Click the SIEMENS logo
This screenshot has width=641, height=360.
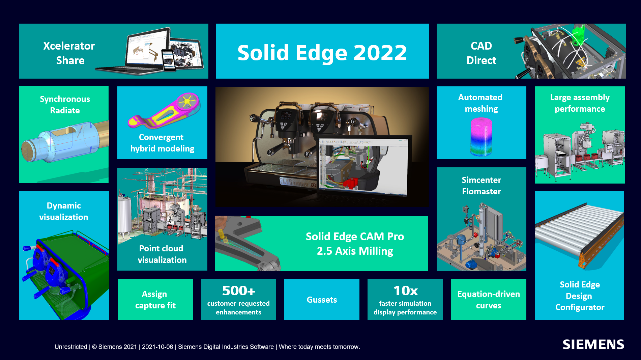(x=593, y=344)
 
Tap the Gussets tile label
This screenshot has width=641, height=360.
(x=322, y=300)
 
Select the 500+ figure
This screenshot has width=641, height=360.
(x=238, y=290)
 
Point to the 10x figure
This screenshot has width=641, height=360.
(x=405, y=290)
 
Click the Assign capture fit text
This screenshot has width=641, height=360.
(x=155, y=300)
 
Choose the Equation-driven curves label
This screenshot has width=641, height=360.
(x=489, y=300)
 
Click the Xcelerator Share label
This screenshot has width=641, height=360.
(x=69, y=53)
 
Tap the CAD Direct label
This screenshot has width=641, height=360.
(x=481, y=53)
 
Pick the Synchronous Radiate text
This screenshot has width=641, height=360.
(x=65, y=105)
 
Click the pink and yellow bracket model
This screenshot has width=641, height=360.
(x=164, y=111)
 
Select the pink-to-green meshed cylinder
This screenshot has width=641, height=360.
(x=481, y=137)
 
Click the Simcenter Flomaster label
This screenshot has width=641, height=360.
(x=481, y=186)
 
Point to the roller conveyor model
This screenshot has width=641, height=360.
(x=579, y=234)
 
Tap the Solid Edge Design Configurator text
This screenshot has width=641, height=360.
(x=580, y=296)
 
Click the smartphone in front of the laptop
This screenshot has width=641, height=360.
(x=169, y=60)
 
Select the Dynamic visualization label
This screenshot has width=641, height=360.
(x=64, y=211)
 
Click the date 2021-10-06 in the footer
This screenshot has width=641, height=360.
(x=157, y=347)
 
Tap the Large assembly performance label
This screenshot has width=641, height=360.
(x=580, y=103)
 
